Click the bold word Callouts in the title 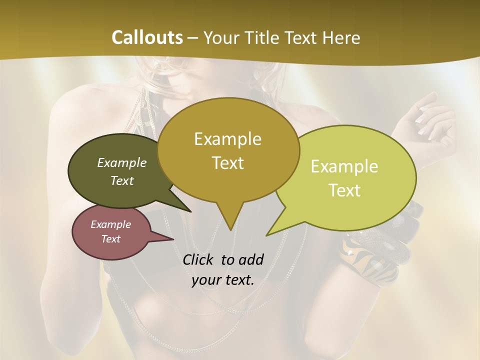pyautogui.click(x=147, y=38)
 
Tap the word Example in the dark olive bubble pyautogui.click(x=122, y=162)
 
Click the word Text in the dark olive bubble pyautogui.click(x=122, y=180)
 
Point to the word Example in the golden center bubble pyautogui.click(x=227, y=139)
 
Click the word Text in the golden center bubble pyautogui.click(x=227, y=163)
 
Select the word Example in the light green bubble pyautogui.click(x=344, y=166)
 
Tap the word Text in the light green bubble pyautogui.click(x=344, y=190)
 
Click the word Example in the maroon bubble pyautogui.click(x=110, y=224)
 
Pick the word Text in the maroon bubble pyautogui.click(x=110, y=239)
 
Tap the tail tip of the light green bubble pyautogui.click(x=268, y=234)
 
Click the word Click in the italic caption pyautogui.click(x=199, y=259)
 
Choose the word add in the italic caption pyautogui.click(x=250, y=259)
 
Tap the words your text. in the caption pyautogui.click(x=223, y=280)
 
